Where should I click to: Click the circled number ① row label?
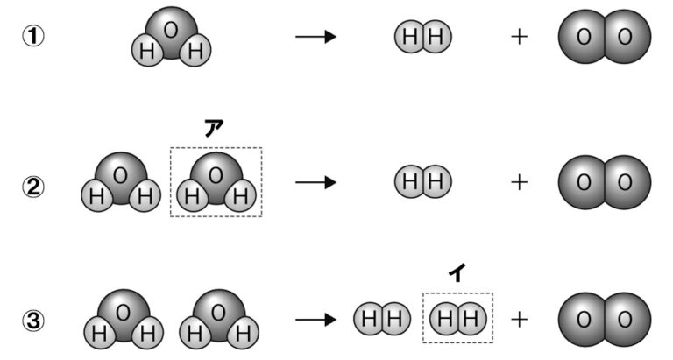coord(33,39)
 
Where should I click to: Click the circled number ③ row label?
coord(33,321)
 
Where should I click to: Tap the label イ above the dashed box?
coord(457,273)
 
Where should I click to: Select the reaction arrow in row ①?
coord(316,38)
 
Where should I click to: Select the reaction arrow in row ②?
coord(316,183)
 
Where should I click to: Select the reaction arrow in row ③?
coord(316,320)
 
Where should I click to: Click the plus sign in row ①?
coord(519,38)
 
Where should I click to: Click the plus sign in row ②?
coord(519,182)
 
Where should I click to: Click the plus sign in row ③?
coord(519,320)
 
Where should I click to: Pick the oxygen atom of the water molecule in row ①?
coord(171,29)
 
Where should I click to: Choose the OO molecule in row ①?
coord(605,38)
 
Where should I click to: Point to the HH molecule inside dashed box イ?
coord(457,319)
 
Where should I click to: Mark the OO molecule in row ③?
coord(605,320)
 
